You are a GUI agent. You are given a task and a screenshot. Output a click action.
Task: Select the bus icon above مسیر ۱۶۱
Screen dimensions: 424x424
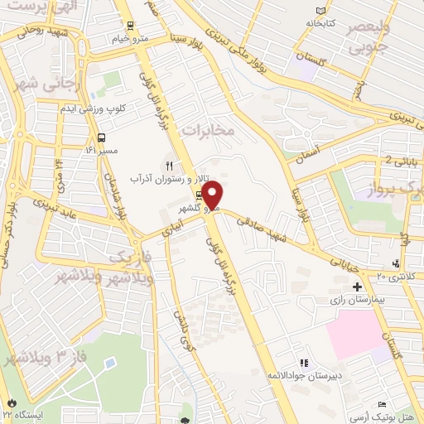tap(100, 138)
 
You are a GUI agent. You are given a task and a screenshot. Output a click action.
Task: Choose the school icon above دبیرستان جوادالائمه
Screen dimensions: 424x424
tap(304, 363)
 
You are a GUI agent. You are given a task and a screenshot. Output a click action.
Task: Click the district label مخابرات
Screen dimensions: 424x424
tap(209, 130)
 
